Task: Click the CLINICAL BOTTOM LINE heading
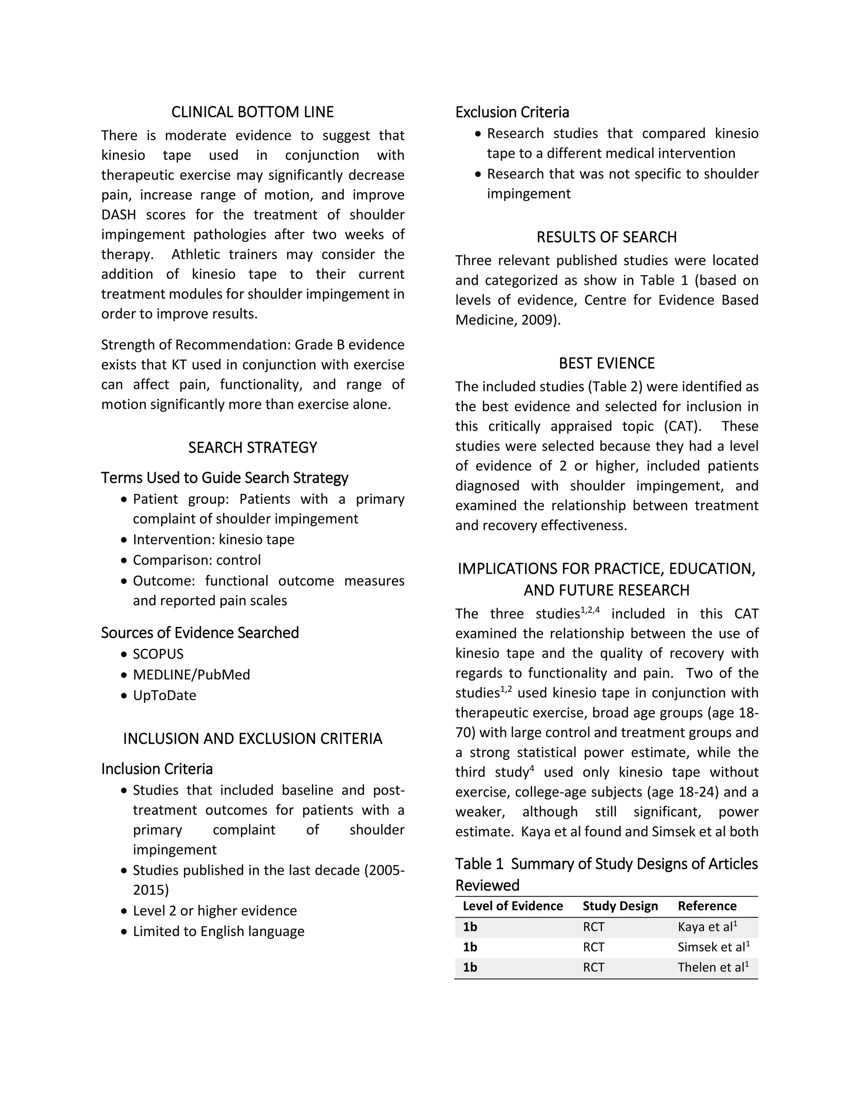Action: tap(252, 112)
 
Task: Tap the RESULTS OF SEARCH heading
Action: tap(606, 237)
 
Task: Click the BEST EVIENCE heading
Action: tap(606, 363)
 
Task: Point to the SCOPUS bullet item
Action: tap(158, 654)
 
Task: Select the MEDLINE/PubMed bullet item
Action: tap(191, 675)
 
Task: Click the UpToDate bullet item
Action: tap(164, 695)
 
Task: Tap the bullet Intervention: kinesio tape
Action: tap(213, 539)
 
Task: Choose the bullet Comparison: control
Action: tap(197, 560)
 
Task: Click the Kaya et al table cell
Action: tap(707, 927)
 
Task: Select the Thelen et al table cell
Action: tap(712, 967)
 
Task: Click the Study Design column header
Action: tap(620, 906)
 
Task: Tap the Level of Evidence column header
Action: tap(513, 906)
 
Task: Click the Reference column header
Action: tap(707, 906)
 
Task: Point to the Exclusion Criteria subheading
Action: tap(512, 112)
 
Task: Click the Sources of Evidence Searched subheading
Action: tap(200, 633)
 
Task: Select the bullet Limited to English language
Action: tap(218, 931)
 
